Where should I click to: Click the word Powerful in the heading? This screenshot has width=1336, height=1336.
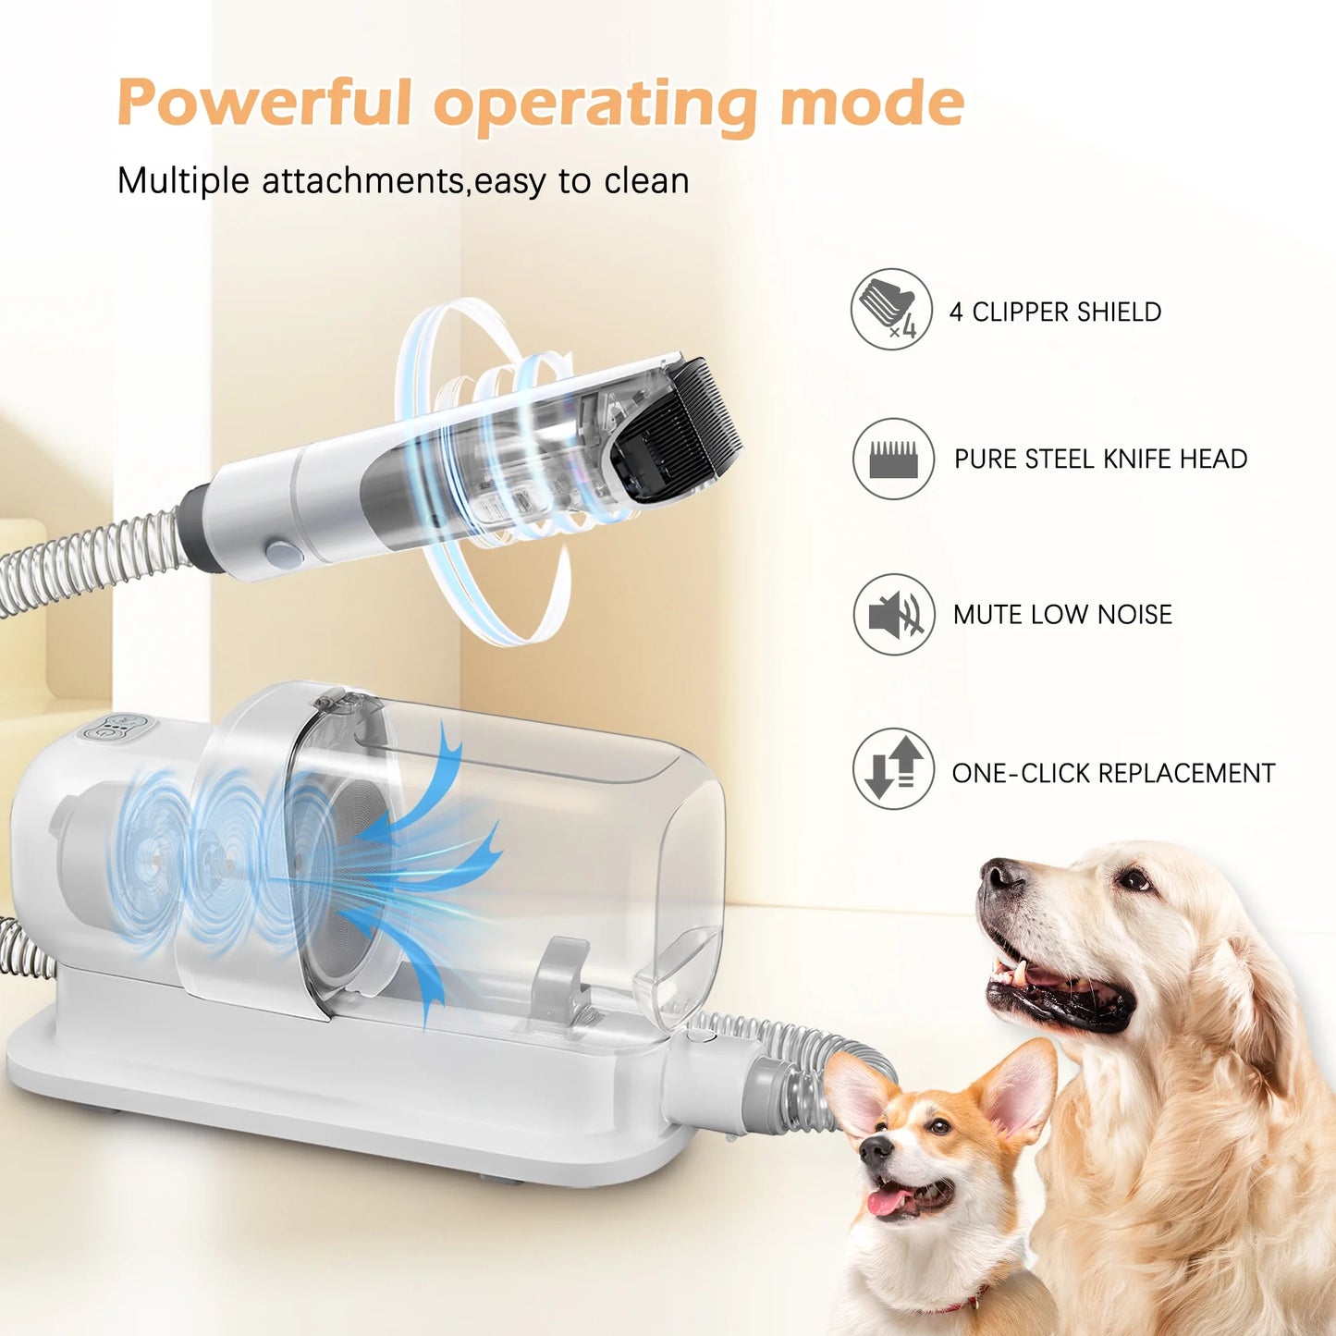tap(264, 104)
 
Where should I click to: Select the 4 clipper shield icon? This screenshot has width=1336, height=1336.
tap(891, 310)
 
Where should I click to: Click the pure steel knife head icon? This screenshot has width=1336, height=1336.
tap(893, 459)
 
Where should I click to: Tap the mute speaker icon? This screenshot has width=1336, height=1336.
tap(893, 614)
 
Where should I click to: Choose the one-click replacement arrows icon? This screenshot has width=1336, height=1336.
tap(893, 769)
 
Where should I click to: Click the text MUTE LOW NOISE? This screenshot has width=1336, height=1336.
tap(1062, 615)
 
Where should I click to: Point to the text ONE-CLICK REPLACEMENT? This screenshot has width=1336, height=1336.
tap(1113, 773)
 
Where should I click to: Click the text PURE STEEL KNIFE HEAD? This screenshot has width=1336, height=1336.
tap(1100, 460)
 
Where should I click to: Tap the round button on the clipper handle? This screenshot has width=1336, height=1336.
tap(282, 555)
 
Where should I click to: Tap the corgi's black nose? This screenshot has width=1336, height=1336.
tap(875, 1149)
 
